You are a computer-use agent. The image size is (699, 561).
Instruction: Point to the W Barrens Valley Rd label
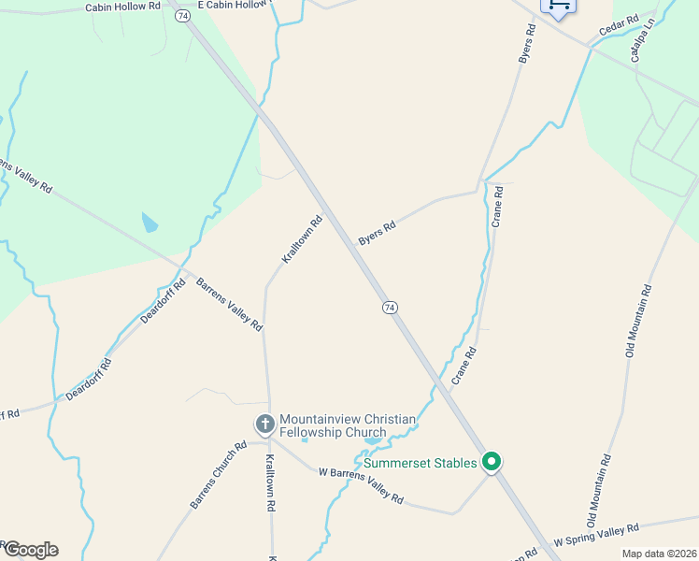coord(361,487)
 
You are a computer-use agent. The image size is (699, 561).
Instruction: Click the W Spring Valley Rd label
coord(596,535)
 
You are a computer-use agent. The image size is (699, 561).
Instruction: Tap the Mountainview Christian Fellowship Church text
coord(347,425)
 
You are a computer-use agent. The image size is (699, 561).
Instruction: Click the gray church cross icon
coord(264,424)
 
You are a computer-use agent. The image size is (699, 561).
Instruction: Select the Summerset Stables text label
coord(421,462)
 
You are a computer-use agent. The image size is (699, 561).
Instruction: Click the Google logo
coord(30,550)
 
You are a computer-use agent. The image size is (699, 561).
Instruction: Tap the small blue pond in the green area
coord(150,223)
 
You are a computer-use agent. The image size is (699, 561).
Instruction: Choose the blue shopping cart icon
coord(559,6)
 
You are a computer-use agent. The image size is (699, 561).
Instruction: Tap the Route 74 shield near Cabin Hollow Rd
coord(181,17)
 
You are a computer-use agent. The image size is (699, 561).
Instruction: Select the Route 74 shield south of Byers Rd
coord(390,307)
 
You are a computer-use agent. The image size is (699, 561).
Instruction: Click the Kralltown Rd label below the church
coord(270,481)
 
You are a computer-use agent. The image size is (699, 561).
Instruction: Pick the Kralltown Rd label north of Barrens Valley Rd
coord(303,239)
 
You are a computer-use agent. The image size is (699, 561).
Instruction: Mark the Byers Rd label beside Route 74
coord(378,233)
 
